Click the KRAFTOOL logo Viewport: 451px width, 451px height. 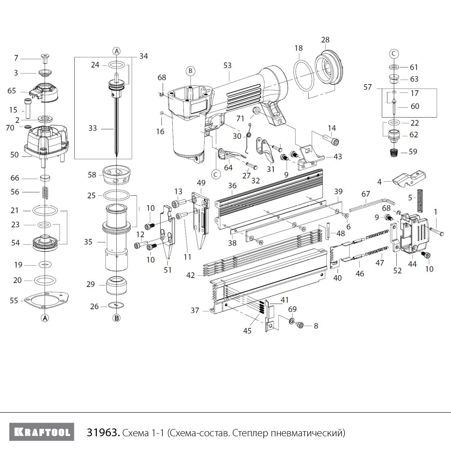pyautogui.click(x=42, y=432)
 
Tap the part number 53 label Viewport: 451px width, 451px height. pyautogui.click(x=227, y=66)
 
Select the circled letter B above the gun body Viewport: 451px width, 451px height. pyautogui.click(x=190, y=71)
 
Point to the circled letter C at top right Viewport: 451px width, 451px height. pyautogui.click(x=394, y=54)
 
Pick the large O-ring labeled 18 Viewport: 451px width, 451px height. pyautogui.click(x=304, y=75)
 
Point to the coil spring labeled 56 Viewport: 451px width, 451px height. pyautogui.click(x=45, y=192)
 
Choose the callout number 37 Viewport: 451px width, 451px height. pyautogui.click(x=195, y=310)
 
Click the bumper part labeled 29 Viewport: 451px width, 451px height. pyautogui.click(x=117, y=286)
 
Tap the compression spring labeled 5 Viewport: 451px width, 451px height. pyautogui.click(x=420, y=201)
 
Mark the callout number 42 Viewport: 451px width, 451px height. pyautogui.click(x=190, y=275)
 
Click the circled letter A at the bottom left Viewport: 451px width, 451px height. pyautogui.click(x=45, y=318)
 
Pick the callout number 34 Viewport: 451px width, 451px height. pyautogui.click(x=143, y=56)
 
